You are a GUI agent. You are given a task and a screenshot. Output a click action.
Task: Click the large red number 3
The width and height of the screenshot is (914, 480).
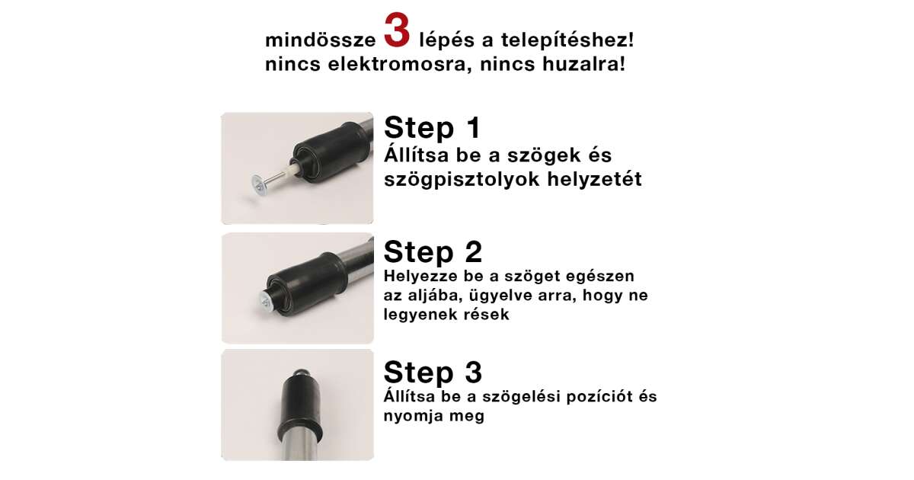pos(397,30)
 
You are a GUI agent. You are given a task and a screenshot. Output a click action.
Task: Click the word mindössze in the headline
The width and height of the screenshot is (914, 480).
pos(321,40)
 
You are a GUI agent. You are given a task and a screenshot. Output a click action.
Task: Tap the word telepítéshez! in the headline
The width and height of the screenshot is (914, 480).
pos(567,40)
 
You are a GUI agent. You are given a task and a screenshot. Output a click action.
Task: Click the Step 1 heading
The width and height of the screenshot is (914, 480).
pos(432,128)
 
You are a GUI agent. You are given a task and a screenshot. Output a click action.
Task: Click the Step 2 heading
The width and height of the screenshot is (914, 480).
pos(433,252)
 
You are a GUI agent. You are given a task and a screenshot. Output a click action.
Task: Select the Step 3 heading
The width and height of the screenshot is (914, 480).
pos(433,372)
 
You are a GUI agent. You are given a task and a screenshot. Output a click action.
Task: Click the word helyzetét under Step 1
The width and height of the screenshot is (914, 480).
pos(595,179)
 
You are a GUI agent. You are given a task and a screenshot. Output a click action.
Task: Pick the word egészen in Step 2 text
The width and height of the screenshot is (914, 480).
pos(600,277)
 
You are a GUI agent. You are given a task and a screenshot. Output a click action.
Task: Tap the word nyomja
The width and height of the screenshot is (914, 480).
pos(411,416)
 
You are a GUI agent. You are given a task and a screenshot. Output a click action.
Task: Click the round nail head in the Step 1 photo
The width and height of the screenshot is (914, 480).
pos(258,186)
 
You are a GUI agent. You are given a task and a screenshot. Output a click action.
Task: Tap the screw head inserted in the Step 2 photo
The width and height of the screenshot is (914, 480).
pos(266,302)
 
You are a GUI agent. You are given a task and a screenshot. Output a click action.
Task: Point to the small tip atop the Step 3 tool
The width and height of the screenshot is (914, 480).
pos(301,373)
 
